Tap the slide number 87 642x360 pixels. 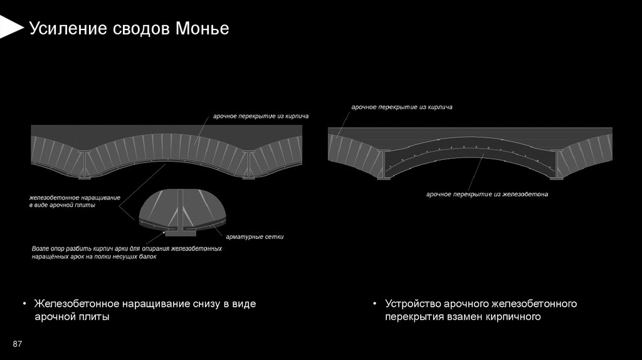tap(18, 344)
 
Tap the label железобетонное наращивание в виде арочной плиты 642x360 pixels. tap(74, 201)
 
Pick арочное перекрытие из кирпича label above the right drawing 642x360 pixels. tap(401, 107)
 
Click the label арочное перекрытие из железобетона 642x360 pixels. tap(487, 194)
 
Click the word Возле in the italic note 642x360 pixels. tap(41, 249)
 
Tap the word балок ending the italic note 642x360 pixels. tap(143, 257)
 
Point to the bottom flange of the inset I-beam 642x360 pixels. tap(179, 233)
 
